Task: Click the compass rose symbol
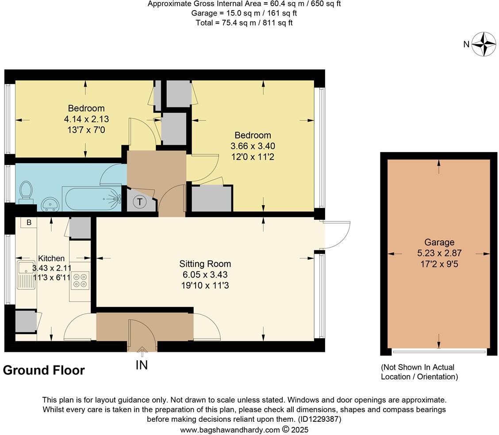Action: pyautogui.click(x=484, y=44)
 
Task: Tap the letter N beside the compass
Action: pyautogui.click(x=466, y=44)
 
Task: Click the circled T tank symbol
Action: pyautogui.click(x=140, y=202)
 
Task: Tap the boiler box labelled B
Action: pyautogui.click(x=29, y=222)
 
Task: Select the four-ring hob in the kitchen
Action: pyautogui.click(x=80, y=280)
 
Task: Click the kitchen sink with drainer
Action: pyautogui.click(x=26, y=275)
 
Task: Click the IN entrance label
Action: pyautogui.click(x=142, y=365)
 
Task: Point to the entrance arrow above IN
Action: pyautogui.click(x=142, y=351)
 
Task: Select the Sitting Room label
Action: pyautogui.click(x=205, y=264)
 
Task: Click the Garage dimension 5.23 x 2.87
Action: pyautogui.click(x=439, y=253)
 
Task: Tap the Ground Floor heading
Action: pyautogui.click(x=44, y=370)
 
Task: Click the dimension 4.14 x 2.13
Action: pyautogui.click(x=86, y=119)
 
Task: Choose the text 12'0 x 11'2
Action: pyautogui.click(x=253, y=156)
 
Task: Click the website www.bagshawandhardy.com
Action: pyautogui.click(x=230, y=429)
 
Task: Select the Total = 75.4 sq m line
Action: pyautogui.click(x=244, y=23)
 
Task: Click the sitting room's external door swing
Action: pyautogui.click(x=337, y=235)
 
